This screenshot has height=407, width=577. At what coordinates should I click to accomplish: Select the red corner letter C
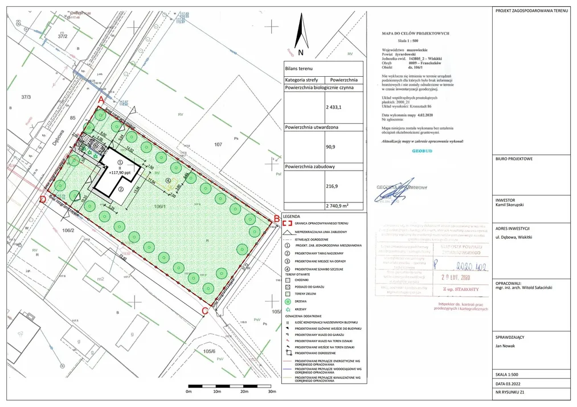click(204, 310)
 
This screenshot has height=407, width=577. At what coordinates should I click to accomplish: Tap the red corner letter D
click(43, 200)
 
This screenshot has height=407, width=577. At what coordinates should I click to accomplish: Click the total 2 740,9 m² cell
click(337, 205)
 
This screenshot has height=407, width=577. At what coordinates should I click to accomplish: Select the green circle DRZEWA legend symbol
click(288, 302)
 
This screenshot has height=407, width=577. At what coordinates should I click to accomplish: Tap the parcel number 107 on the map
click(218, 144)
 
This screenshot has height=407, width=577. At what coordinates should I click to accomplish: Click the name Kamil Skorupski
click(513, 204)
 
